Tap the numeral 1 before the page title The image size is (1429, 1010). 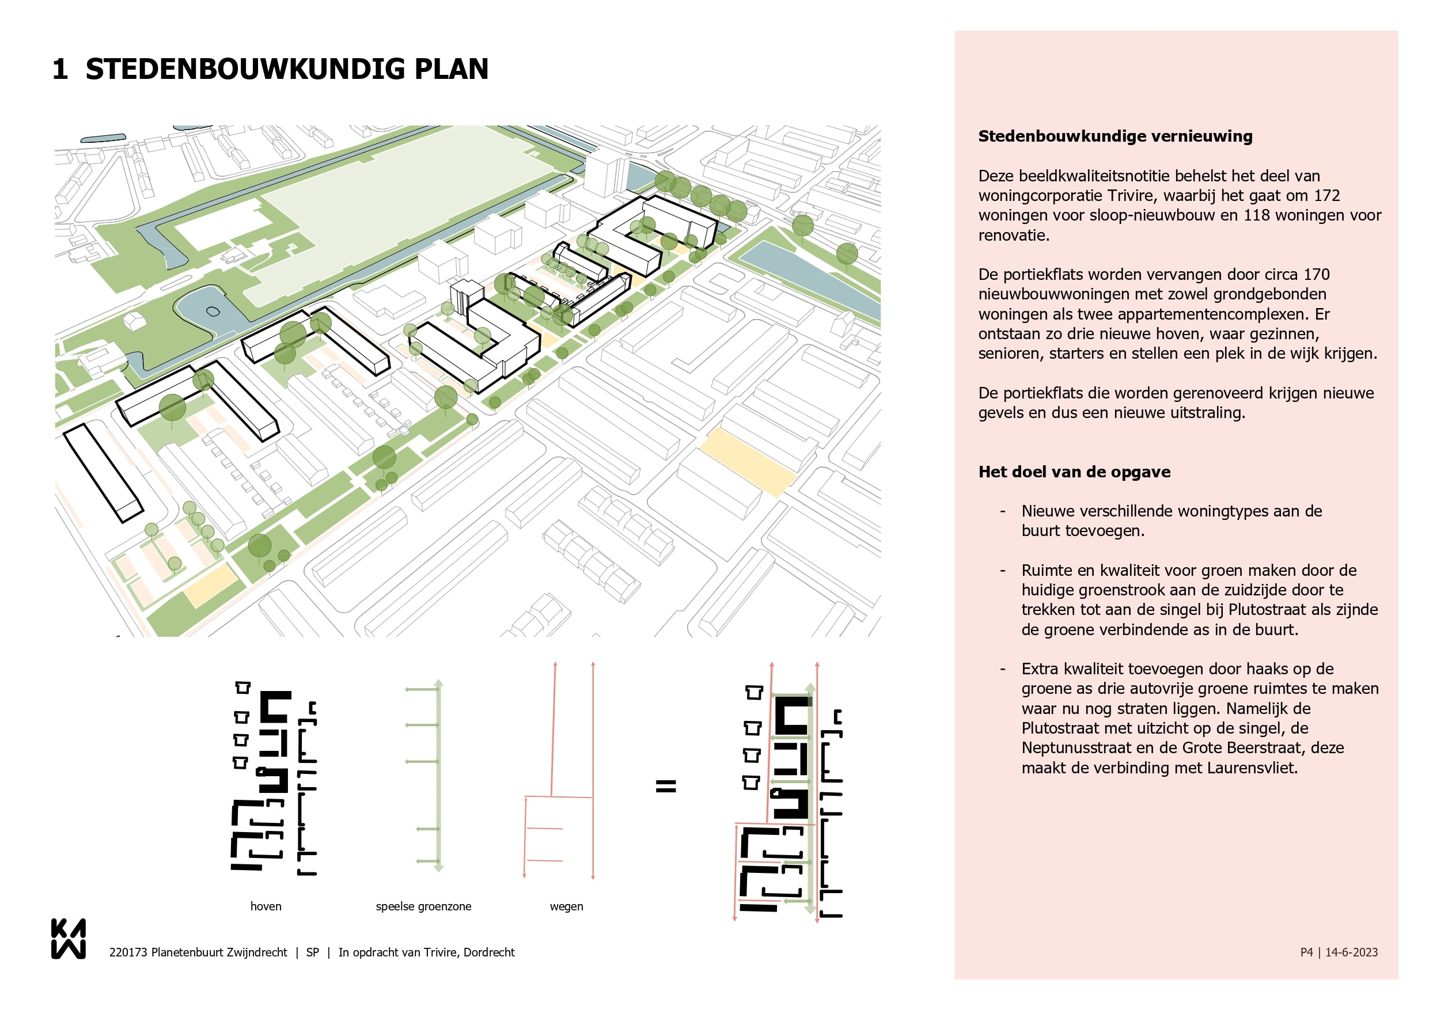60,69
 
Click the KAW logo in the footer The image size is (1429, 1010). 68,939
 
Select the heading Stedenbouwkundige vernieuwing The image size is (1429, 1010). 1115,136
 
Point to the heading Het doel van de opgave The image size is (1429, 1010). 1074,472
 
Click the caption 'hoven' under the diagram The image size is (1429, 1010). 266,906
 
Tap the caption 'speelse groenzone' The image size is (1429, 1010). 423,906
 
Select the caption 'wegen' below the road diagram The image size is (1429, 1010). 566,906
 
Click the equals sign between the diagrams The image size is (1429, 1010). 665,787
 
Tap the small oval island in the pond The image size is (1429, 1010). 213,312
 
